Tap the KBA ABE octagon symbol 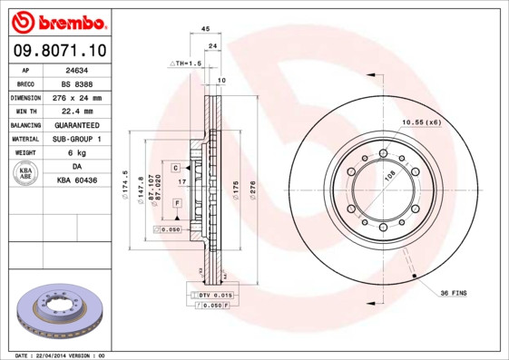click(x=27, y=174)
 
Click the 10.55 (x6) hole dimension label click(x=421, y=122)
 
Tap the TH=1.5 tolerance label click(x=186, y=63)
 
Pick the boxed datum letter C click(x=175, y=169)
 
